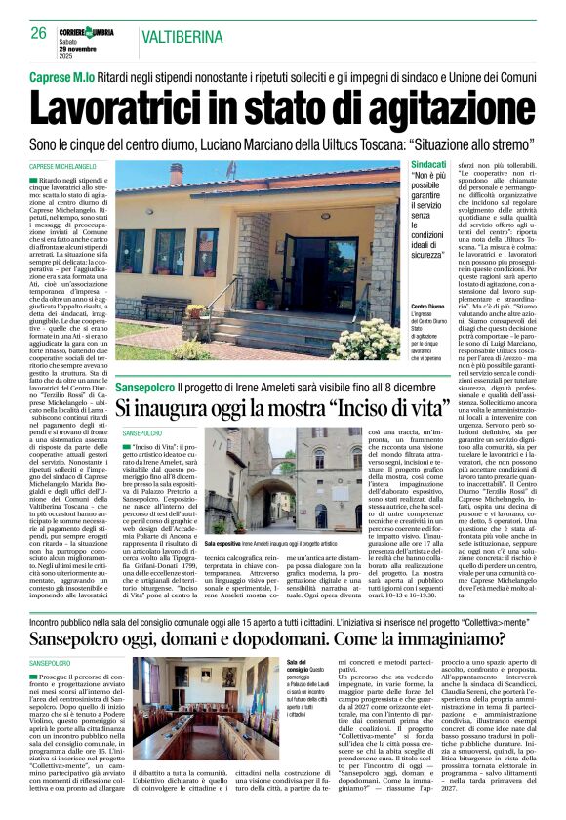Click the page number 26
click(39, 33)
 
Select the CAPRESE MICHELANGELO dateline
click(69, 168)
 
